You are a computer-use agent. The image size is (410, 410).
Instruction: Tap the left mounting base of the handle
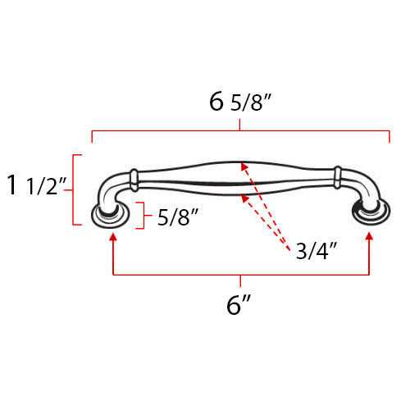coord(112,216)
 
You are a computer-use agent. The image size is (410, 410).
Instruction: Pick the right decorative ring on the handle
coord(337,176)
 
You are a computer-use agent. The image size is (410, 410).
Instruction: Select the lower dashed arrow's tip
coord(244,194)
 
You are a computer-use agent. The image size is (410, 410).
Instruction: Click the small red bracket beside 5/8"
coord(142,216)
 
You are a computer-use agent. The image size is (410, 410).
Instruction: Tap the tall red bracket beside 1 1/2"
coord(75,189)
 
